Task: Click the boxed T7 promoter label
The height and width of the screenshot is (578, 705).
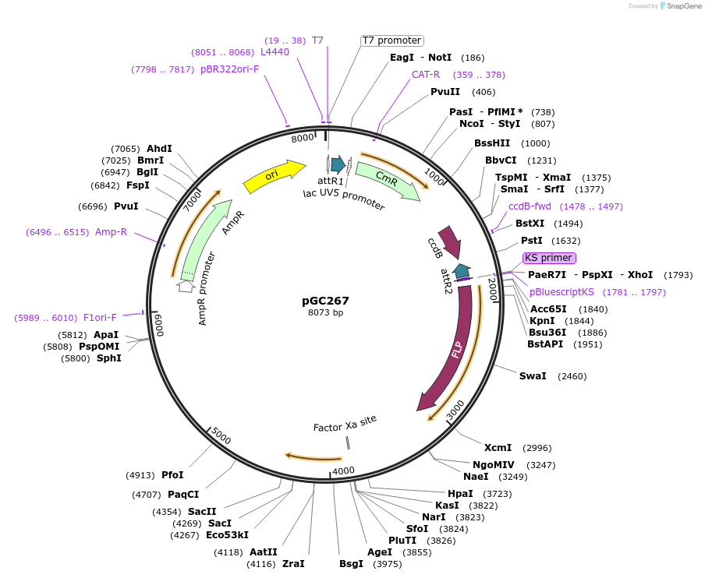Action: coord(391,41)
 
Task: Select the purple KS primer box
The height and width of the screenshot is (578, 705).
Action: coord(549,258)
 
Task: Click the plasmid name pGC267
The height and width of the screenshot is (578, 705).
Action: coord(325,301)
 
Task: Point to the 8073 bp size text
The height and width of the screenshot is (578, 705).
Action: coord(325,313)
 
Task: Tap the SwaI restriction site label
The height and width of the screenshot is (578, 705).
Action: coord(533,376)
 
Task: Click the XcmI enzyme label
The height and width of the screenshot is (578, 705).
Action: coord(498,448)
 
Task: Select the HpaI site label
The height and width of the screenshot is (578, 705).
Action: coord(460,494)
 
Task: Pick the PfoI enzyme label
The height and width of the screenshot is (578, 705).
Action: coord(172,475)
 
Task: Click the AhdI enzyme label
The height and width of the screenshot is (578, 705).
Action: coord(159,149)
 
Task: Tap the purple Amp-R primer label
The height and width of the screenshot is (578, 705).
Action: coord(111,232)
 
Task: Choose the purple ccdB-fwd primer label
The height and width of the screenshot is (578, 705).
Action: coord(530,206)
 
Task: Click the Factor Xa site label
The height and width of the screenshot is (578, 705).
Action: coord(345,423)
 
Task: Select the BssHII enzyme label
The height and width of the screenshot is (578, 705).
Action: coord(492,143)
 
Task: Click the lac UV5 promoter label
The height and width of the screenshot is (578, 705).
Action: coord(344,199)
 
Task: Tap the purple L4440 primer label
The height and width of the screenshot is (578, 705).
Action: coord(275,52)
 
